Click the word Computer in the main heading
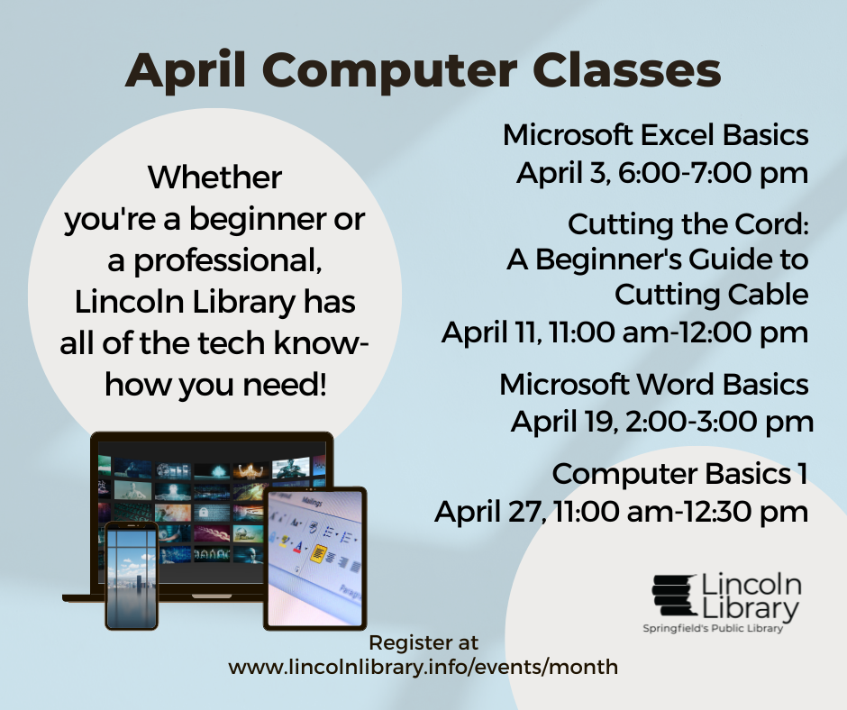pyautogui.click(x=390, y=71)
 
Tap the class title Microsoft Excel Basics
pyautogui.click(x=656, y=135)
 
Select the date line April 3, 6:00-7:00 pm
pyautogui.click(x=662, y=174)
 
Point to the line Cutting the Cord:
pyautogui.click(x=688, y=224)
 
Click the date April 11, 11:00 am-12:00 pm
pyautogui.click(x=625, y=332)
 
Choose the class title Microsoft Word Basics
pyautogui.click(x=654, y=385)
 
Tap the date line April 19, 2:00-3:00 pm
pyautogui.click(x=662, y=422)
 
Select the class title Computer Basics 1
pyautogui.click(x=679, y=475)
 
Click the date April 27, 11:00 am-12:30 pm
pyautogui.click(x=621, y=512)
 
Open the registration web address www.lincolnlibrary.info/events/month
pyautogui.click(x=423, y=668)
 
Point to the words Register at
pyautogui.click(x=423, y=643)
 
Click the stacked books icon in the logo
pyautogui.click(x=674, y=596)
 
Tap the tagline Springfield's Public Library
pyautogui.click(x=713, y=628)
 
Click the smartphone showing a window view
pyautogui.click(x=132, y=576)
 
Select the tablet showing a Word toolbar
pyautogui.click(x=315, y=559)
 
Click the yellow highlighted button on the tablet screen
pyautogui.click(x=319, y=552)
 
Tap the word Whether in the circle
pyautogui.click(x=214, y=177)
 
